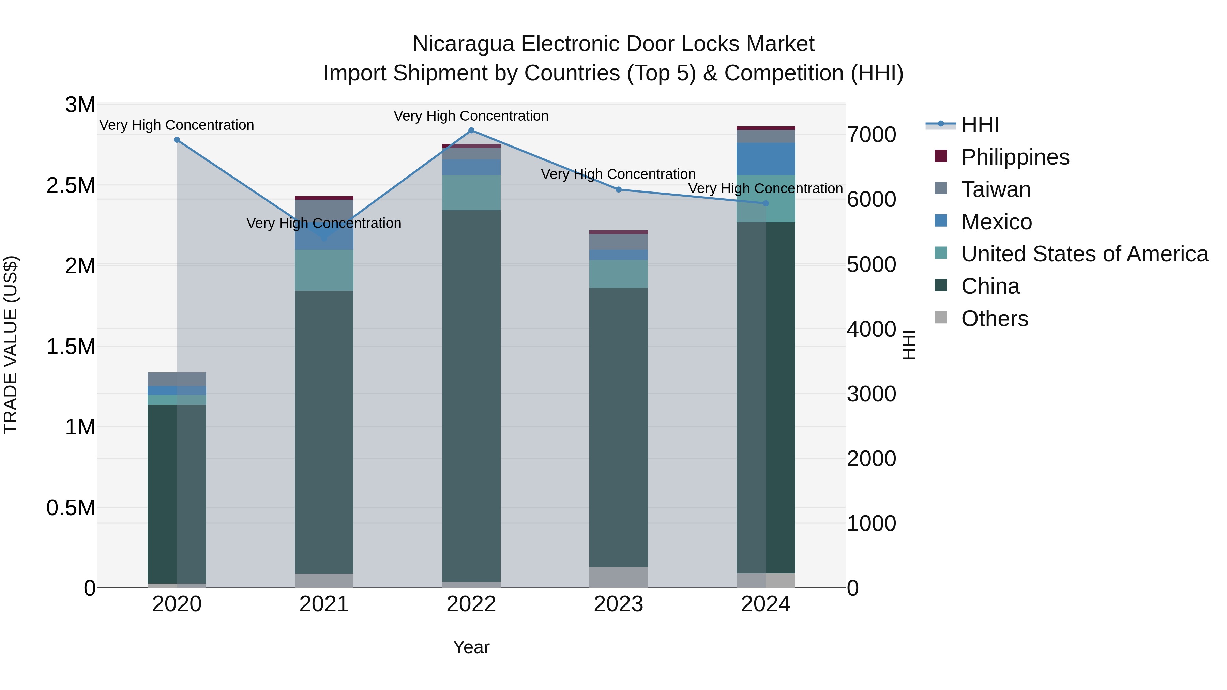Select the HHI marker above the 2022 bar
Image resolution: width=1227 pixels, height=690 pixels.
click(471, 131)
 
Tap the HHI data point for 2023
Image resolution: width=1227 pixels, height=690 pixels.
click(618, 189)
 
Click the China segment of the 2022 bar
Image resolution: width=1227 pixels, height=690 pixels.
click(471, 395)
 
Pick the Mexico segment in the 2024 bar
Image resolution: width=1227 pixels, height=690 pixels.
click(766, 159)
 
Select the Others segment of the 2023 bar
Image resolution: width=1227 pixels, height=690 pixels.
click(618, 577)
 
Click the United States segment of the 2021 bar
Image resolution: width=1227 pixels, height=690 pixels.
click(324, 270)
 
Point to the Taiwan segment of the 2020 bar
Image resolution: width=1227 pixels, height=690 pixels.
click(177, 379)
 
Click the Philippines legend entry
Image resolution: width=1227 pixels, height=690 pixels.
click(1015, 157)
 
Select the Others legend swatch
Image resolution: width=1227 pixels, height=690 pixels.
click(941, 318)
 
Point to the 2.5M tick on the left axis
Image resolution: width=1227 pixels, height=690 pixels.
click(71, 185)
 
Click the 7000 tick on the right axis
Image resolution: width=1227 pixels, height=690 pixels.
click(871, 135)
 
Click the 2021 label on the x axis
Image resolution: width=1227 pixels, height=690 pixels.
click(324, 604)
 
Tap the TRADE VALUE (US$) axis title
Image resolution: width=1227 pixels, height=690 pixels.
click(11, 345)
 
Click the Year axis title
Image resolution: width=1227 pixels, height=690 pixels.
click(471, 647)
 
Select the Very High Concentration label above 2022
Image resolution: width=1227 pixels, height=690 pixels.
click(471, 116)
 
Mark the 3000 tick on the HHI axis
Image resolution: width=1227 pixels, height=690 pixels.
click(871, 394)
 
